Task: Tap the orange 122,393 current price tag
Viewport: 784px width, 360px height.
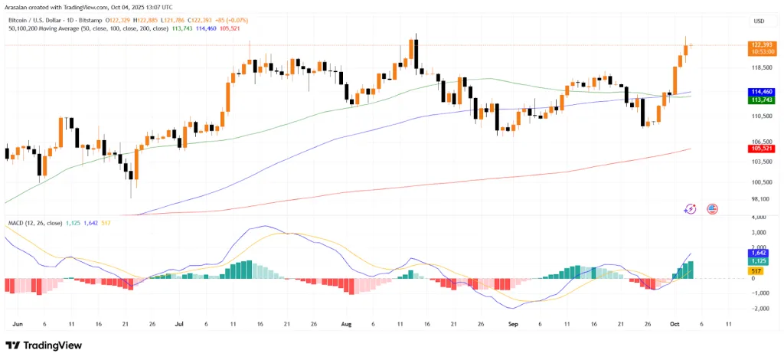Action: pyautogui.click(x=761, y=46)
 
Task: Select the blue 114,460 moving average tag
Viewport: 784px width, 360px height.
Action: pyautogui.click(x=761, y=92)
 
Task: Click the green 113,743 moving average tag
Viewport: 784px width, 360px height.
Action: pyautogui.click(x=761, y=100)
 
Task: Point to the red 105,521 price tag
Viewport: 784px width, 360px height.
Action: pyautogui.click(x=761, y=149)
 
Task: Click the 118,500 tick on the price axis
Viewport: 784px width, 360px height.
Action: pyautogui.click(x=761, y=67)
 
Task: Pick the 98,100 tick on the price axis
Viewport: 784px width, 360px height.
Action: pyautogui.click(x=761, y=199)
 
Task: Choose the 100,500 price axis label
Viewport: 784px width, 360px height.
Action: pyautogui.click(x=761, y=182)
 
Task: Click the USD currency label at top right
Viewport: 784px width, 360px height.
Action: pyautogui.click(x=759, y=21)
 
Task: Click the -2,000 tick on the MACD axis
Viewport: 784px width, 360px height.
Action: pyautogui.click(x=761, y=309)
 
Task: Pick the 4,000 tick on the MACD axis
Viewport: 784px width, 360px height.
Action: pyautogui.click(x=761, y=217)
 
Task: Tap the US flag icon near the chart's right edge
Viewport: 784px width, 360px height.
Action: pyautogui.click(x=712, y=208)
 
